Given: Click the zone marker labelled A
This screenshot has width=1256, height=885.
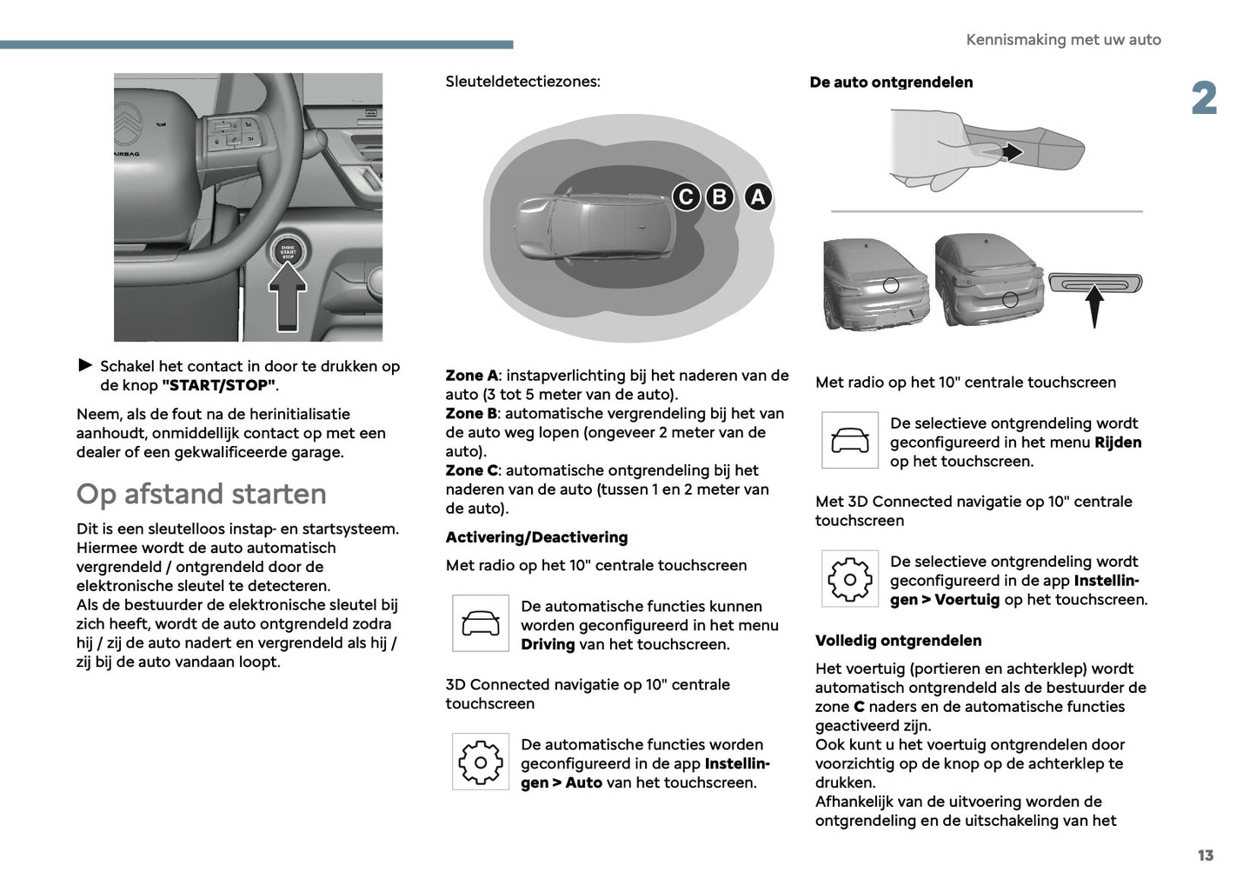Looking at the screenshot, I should coord(758,197).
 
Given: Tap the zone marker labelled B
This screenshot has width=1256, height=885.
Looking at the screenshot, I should coord(719,197).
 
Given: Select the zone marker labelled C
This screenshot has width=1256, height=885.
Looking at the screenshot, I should coord(686,197).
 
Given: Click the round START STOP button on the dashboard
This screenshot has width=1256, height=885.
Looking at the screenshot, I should coord(288,251).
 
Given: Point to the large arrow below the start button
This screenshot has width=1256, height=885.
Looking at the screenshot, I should coord(287,297).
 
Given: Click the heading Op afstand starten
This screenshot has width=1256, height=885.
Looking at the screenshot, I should coord(202,494).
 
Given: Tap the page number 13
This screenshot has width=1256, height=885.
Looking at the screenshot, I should coord(1205,855).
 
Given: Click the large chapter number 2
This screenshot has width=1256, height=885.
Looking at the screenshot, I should coord(1204,98).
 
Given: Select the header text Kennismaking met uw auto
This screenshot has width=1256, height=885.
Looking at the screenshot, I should coord(1063,40).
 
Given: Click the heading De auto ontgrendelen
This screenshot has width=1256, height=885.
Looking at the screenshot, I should coord(891,83).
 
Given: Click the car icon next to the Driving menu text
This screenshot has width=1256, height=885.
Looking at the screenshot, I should coord(481,623).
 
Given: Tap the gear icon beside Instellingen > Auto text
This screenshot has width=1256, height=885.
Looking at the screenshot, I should coord(481,762).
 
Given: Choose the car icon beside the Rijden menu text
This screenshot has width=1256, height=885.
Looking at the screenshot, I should coord(849,440).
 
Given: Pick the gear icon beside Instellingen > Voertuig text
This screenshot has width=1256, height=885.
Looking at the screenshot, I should coord(849,579).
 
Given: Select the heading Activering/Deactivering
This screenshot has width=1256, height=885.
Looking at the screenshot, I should coord(536,537).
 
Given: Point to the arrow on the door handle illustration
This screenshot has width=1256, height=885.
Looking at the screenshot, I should coord(1010,152).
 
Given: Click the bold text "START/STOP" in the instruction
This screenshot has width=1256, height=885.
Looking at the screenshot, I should coord(218,385).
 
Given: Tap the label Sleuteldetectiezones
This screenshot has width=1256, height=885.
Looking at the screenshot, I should coord(522,82).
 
